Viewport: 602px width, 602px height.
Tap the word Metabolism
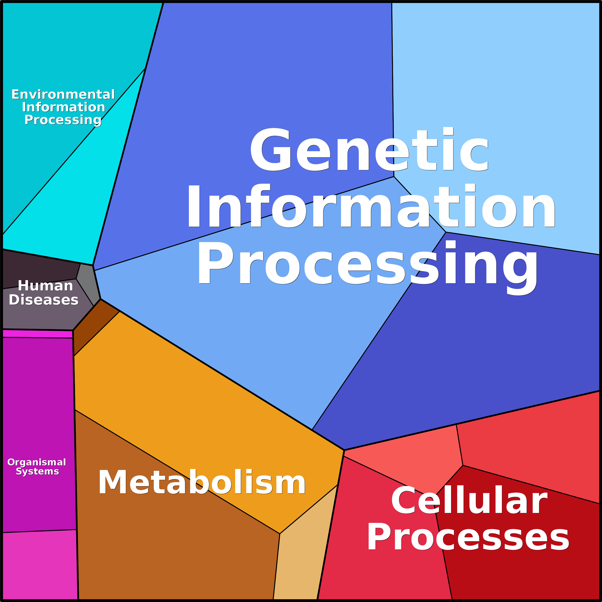(x=202, y=483)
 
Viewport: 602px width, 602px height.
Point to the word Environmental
(x=63, y=94)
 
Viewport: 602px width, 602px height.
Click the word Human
(x=46, y=286)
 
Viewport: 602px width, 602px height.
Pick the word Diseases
(x=44, y=300)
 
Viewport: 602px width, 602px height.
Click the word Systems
(x=37, y=471)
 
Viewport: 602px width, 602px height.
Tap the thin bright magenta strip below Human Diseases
(x=37, y=333)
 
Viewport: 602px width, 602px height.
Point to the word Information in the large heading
(x=371, y=206)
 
